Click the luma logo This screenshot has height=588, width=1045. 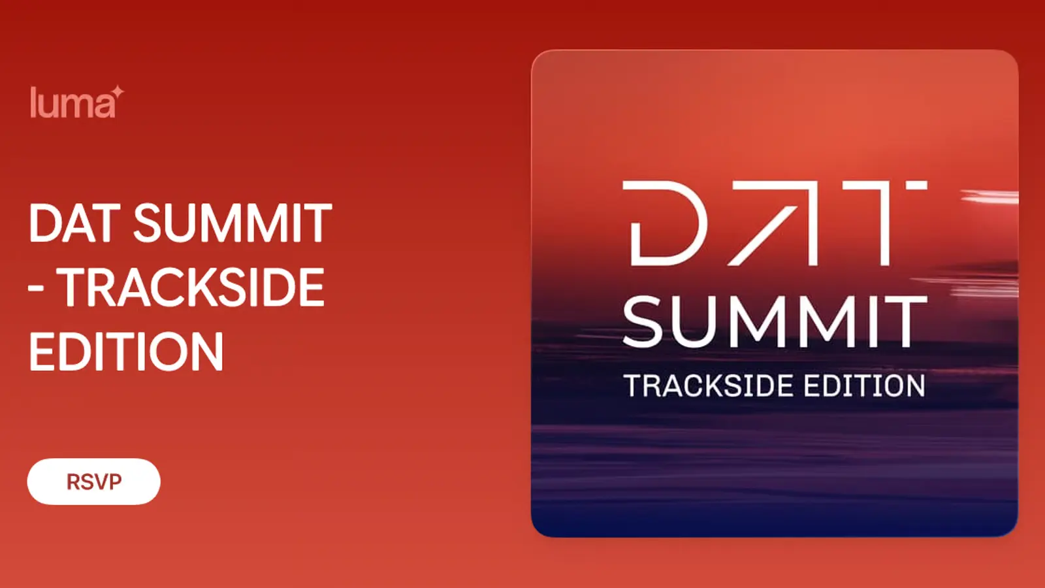click(x=77, y=102)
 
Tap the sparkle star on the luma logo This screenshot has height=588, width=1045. click(x=118, y=92)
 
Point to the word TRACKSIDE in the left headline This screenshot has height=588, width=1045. click(x=193, y=287)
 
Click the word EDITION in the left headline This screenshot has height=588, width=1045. click(x=126, y=351)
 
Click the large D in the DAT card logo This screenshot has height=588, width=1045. click(x=665, y=223)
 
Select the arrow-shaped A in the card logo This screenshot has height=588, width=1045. click(x=775, y=223)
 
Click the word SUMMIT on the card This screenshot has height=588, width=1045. click(x=775, y=321)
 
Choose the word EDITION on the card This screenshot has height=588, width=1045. click(x=865, y=385)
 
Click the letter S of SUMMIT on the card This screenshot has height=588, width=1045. click(x=644, y=321)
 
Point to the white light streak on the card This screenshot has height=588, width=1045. click(x=989, y=197)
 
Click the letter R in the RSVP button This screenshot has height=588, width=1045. click(x=74, y=482)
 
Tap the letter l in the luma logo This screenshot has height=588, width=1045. click(x=33, y=102)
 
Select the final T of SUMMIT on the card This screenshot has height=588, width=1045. click(x=906, y=321)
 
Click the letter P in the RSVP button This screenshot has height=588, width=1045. click(x=115, y=482)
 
